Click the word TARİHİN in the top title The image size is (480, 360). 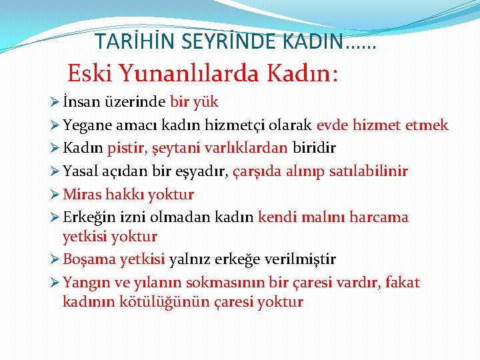coord(127,41)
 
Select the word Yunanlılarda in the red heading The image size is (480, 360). coord(190,73)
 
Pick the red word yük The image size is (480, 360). coord(205,103)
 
